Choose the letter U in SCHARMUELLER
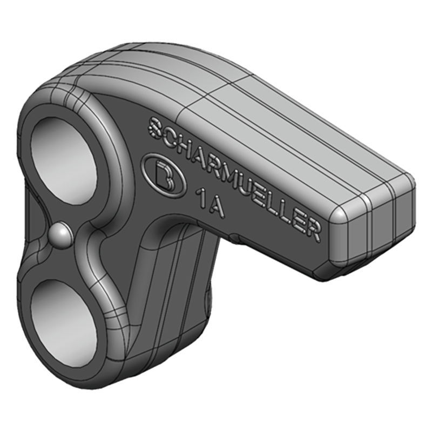point(243,179)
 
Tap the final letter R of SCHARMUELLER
point(312,227)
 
